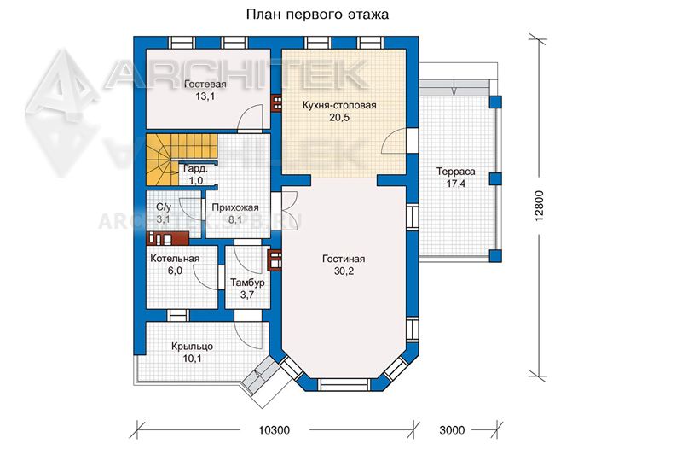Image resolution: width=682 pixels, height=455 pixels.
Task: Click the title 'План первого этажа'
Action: tap(317, 15)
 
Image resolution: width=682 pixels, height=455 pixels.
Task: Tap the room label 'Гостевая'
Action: tap(205, 84)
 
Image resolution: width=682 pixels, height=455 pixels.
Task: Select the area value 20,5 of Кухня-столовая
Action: tap(339, 118)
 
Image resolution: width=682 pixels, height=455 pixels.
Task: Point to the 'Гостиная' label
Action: tap(344, 259)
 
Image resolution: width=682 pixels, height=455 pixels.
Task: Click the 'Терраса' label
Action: tap(455, 172)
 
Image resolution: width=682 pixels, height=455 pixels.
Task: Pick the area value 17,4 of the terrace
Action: tap(455, 184)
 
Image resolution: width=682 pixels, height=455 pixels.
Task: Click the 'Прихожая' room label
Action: tap(235, 207)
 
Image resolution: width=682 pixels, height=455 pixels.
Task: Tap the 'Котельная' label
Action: tap(175, 258)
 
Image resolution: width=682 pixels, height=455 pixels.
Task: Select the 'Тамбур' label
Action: tap(247, 283)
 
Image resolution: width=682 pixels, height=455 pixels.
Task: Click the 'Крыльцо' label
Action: tap(193, 347)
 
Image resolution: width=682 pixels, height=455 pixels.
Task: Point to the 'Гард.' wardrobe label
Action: tap(195, 169)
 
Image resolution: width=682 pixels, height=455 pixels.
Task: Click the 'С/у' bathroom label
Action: tap(164, 207)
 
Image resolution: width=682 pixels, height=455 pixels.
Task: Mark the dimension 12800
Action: tap(540, 206)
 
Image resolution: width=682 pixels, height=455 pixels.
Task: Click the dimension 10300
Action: tap(274, 430)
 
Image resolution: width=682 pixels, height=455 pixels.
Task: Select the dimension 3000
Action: tap(452, 430)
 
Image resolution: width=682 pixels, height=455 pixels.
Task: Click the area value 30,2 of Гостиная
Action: tap(344, 271)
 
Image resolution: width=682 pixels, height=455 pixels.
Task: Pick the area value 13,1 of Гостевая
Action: tap(205, 96)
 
